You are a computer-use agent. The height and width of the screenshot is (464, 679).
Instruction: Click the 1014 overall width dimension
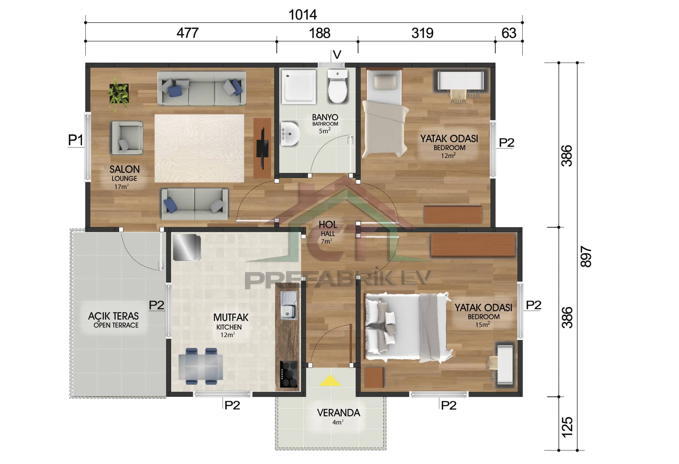pyautogui.click(x=302, y=15)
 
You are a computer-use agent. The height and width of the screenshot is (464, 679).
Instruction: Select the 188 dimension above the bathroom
pyautogui.click(x=319, y=33)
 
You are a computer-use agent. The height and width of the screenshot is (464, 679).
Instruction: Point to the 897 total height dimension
pyautogui.click(x=586, y=256)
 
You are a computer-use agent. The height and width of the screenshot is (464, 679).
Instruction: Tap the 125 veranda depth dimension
pyautogui.click(x=567, y=427)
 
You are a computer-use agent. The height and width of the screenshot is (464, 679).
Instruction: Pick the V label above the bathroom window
pyautogui.click(x=337, y=55)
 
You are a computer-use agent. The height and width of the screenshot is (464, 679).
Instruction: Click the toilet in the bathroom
pyautogui.click(x=337, y=87)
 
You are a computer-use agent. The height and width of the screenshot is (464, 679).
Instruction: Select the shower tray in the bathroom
pyautogui.click(x=298, y=87)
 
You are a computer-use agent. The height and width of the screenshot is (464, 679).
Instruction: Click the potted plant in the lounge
pyautogui.click(x=119, y=93)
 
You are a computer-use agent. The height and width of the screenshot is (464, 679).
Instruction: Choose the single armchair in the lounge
pyautogui.click(x=127, y=138)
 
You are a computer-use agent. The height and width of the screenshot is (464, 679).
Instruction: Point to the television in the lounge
pyautogui.click(x=262, y=148)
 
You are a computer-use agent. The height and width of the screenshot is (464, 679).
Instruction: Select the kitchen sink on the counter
pyautogui.click(x=288, y=306)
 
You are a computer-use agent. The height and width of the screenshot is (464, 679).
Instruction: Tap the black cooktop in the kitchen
pyautogui.click(x=288, y=374)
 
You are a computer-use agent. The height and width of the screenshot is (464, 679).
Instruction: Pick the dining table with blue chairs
pyautogui.click(x=201, y=366)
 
